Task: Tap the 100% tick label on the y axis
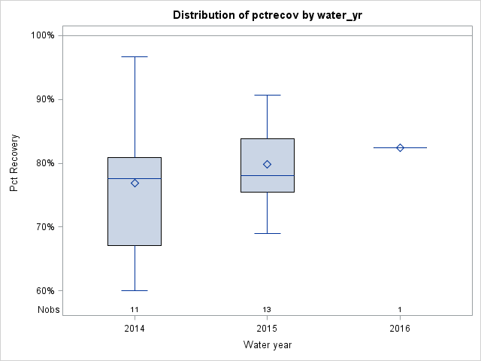tap(42, 35)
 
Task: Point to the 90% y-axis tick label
tap(44, 99)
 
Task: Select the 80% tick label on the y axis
tap(44, 163)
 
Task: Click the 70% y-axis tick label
tap(44, 227)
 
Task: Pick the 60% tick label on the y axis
tap(44, 291)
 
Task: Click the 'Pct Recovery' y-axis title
tap(14, 163)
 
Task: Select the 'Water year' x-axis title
tap(268, 345)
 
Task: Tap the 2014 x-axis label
tap(135, 329)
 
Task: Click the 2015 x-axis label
tap(267, 329)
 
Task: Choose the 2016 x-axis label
tap(400, 329)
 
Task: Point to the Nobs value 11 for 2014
tap(135, 310)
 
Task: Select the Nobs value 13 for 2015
tap(267, 310)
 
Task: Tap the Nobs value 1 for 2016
tap(400, 310)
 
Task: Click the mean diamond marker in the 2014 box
tap(135, 183)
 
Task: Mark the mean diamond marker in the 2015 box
tap(267, 164)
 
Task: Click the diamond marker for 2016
tap(400, 147)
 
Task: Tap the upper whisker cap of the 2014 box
tap(135, 56)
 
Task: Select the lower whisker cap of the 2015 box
tap(267, 233)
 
